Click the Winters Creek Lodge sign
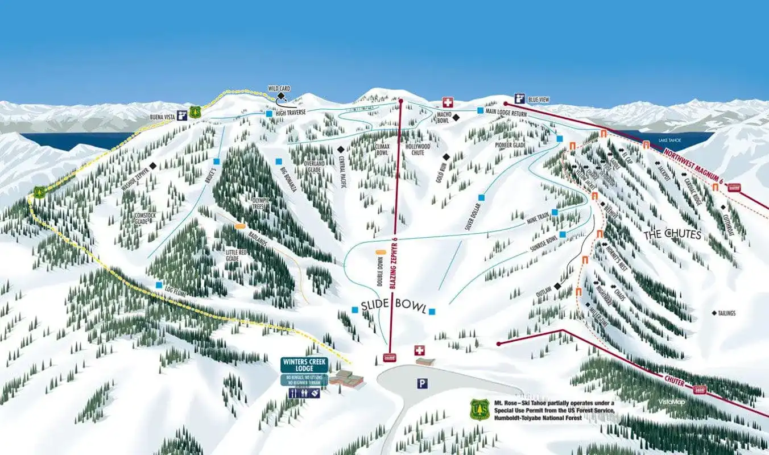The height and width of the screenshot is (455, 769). [x=303, y=365]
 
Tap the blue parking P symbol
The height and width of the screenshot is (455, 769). [x=421, y=384]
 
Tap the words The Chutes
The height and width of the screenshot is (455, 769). [x=672, y=234]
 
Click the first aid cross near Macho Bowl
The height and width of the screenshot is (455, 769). [x=448, y=102]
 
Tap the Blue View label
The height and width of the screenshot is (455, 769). [x=539, y=100]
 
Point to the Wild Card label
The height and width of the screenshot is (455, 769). [x=279, y=89]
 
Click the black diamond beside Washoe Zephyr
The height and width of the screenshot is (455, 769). [x=152, y=166]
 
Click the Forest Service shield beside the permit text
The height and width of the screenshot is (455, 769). [x=479, y=409]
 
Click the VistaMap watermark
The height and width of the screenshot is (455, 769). [x=672, y=402]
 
